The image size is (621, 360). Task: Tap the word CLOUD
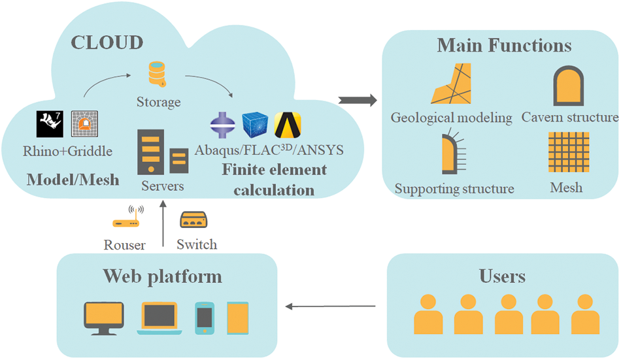tap(107, 43)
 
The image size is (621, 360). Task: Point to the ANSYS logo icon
tap(288, 125)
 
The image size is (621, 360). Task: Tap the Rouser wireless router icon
tap(127, 219)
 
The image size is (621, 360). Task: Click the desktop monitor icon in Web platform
tap(103, 316)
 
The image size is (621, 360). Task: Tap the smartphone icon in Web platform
tap(205, 318)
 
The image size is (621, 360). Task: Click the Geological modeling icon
tap(450, 85)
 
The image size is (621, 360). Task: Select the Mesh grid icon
tap(566, 152)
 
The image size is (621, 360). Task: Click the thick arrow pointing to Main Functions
tap(358, 100)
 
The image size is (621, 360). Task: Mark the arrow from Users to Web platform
tap(333, 305)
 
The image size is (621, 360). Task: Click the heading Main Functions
tap(504, 46)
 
